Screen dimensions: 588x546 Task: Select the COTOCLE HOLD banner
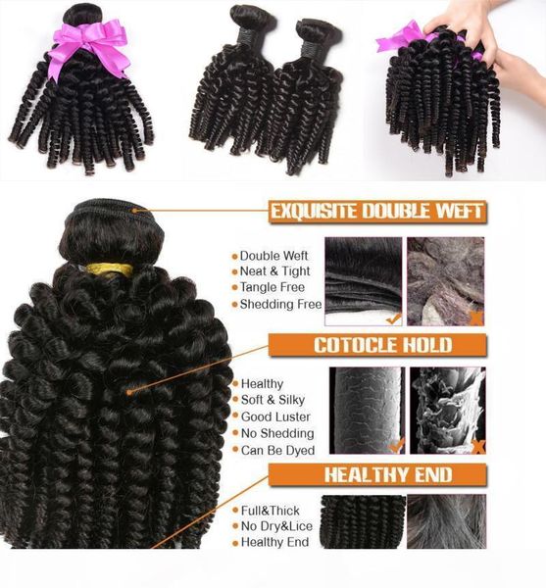382,345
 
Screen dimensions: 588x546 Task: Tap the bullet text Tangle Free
273,287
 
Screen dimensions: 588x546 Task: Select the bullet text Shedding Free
279,304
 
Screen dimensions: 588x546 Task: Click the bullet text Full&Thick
270,511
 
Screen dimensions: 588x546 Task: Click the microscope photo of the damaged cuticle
448,411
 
